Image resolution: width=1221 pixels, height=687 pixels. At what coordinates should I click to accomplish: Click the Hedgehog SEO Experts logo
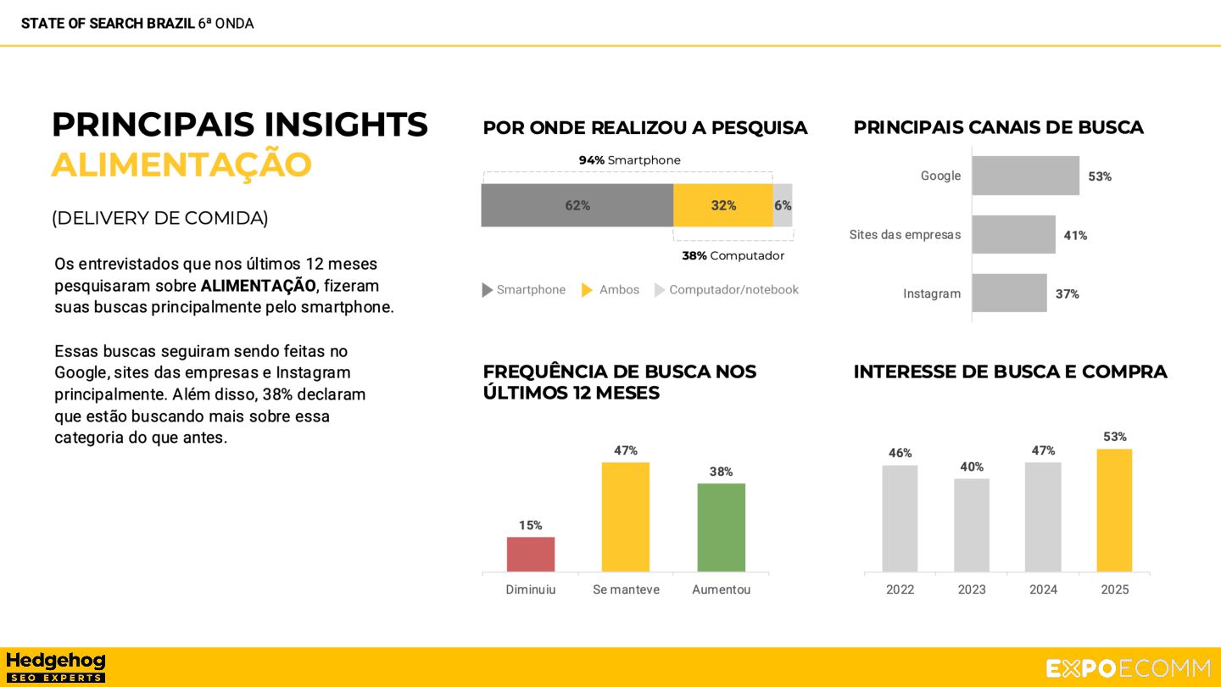click(x=55, y=667)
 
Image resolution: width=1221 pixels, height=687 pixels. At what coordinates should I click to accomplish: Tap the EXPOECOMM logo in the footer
click(x=1128, y=668)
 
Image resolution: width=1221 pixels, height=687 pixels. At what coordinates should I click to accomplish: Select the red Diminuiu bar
click(x=531, y=554)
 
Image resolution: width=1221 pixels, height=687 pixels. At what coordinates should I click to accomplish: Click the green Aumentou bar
click(x=721, y=527)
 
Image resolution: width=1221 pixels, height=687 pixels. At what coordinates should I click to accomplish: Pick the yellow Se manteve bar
click(x=626, y=517)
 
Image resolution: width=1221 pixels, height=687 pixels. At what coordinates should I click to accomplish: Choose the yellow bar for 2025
click(x=1114, y=510)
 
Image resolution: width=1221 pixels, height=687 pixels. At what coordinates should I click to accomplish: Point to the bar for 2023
click(x=972, y=525)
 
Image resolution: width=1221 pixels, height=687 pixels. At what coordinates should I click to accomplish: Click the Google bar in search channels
click(x=1025, y=176)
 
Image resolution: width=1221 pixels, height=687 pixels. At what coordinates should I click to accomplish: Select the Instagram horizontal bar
click(x=1009, y=293)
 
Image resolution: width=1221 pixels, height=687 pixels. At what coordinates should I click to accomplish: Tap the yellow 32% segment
click(x=722, y=205)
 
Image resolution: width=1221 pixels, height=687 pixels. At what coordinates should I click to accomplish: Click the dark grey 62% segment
click(x=577, y=205)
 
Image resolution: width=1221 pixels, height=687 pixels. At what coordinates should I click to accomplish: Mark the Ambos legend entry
click(x=610, y=290)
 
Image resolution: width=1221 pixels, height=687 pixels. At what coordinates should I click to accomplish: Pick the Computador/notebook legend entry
click(x=727, y=290)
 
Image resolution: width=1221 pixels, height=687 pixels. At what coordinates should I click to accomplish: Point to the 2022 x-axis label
click(x=900, y=589)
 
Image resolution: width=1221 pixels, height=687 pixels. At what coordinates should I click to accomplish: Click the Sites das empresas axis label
click(x=905, y=235)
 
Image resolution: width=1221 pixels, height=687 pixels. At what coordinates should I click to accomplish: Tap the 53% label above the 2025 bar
click(x=1114, y=437)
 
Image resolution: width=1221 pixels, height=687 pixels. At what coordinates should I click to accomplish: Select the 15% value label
click(x=531, y=526)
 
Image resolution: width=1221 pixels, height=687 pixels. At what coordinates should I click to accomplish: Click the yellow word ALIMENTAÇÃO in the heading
click(x=181, y=165)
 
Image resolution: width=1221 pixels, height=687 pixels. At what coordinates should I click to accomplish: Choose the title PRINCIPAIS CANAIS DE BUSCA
click(x=998, y=128)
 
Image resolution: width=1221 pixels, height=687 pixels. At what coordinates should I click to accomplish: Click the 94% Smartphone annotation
click(x=629, y=160)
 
